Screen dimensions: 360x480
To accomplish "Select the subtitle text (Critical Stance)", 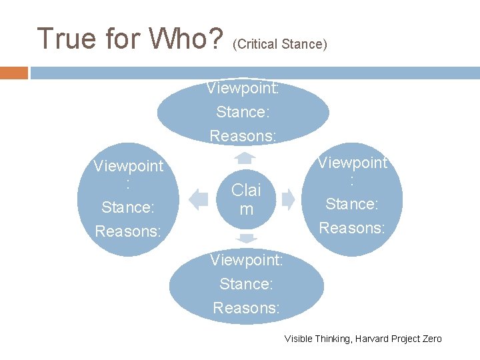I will (x=280, y=45).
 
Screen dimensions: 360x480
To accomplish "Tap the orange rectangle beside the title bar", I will (x=13, y=73).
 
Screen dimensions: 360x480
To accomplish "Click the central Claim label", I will (x=246, y=199).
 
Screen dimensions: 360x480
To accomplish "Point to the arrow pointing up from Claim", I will (x=246, y=157).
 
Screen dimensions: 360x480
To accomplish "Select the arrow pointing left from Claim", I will (x=199, y=199).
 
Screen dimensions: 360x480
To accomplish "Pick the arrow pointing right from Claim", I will (x=289, y=199).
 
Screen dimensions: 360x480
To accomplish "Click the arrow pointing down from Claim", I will (x=246, y=238).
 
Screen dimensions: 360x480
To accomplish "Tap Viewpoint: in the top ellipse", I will (x=243, y=88).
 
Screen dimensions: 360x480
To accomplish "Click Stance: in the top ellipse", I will (x=243, y=111).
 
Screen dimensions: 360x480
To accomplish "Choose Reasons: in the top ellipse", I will (x=243, y=135).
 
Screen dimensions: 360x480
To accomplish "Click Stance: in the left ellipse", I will (x=128, y=207).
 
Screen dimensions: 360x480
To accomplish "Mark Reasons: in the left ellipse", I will (x=128, y=231).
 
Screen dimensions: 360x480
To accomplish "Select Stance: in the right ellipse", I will (x=352, y=203).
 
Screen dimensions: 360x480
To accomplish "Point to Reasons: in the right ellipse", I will (x=352, y=227).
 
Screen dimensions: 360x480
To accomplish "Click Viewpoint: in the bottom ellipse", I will (x=247, y=260).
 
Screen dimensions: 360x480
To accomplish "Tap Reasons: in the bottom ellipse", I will (x=247, y=307).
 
